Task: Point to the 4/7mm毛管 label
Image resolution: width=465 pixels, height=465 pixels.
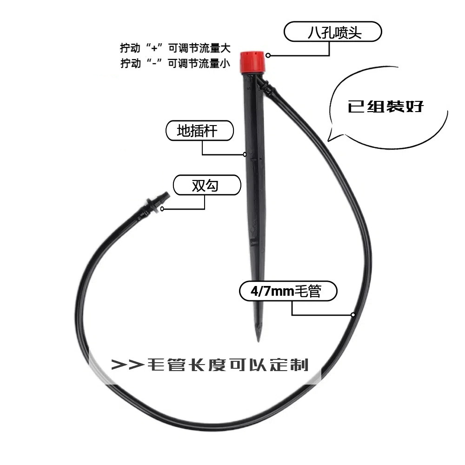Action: click(286, 292)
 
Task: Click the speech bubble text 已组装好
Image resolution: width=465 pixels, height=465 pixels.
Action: click(386, 106)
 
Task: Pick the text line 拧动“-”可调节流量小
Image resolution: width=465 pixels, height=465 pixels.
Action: click(175, 64)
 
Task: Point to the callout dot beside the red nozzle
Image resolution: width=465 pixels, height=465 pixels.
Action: click(268, 55)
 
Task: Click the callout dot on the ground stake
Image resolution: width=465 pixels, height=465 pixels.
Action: click(245, 154)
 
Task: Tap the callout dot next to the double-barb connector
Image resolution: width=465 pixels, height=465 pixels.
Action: click(162, 209)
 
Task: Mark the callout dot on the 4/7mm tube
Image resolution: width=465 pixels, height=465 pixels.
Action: click(353, 315)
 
